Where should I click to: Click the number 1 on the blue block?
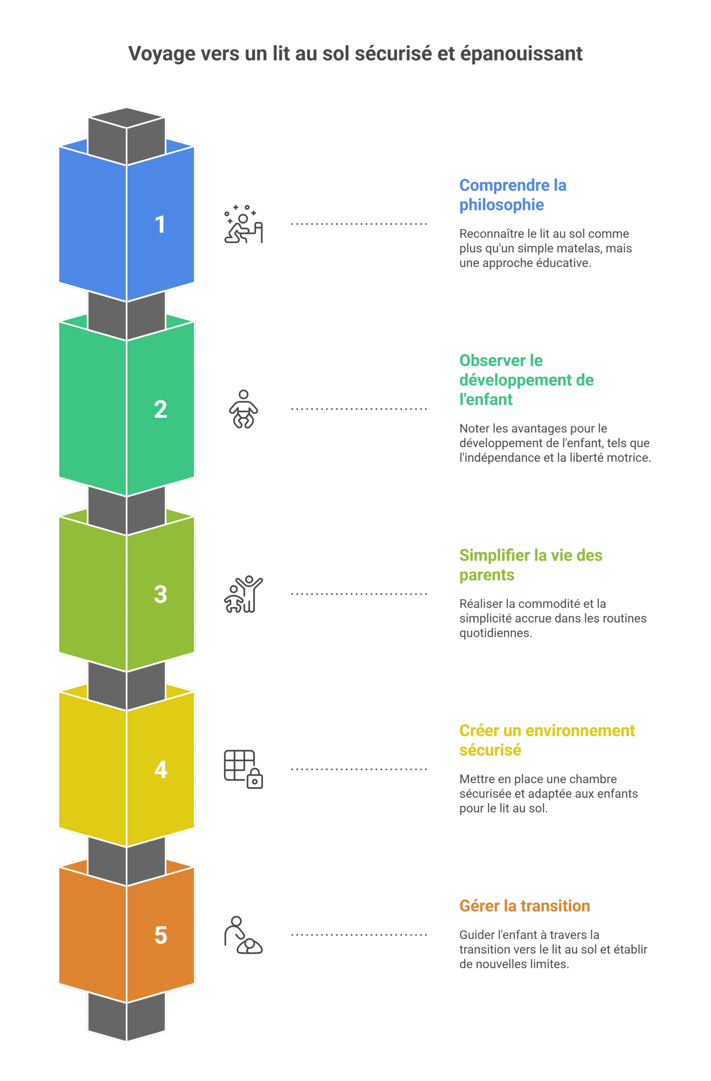coord(160,224)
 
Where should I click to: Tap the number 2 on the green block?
coord(160,409)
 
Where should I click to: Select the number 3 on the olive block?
coord(160,594)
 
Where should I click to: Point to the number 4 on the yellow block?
coord(161,769)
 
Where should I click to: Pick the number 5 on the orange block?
coord(161,935)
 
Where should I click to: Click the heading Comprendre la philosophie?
coord(513,195)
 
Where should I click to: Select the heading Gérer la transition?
coord(524,906)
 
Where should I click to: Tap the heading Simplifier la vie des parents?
coord(531,565)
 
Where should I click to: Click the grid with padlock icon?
coord(243,769)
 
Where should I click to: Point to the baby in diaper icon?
coord(243,409)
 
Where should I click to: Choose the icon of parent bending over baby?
coord(243,935)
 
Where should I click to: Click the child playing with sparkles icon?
coord(243,224)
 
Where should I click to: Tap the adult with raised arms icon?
coord(243,594)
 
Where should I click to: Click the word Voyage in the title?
coord(161,54)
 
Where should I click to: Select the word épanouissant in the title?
coord(521,54)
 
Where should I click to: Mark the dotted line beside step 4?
coord(359,769)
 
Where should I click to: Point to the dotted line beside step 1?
coord(359,224)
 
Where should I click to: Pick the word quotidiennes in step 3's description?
coord(495,633)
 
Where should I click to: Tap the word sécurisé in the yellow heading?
coord(490,750)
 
